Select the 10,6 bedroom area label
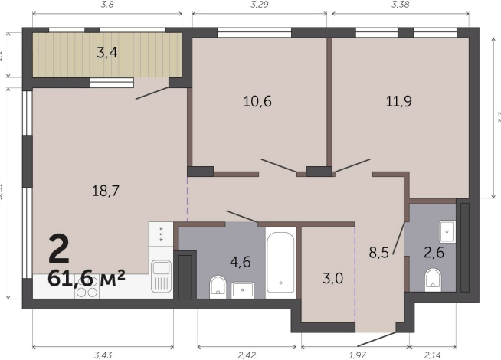[x=257, y=101]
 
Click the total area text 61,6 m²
[x=86, y=278]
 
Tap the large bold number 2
[x=59, y=247]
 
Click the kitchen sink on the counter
[x=160, y=275]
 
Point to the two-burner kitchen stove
[x=86, y=291]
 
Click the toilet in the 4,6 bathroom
[x=218, y=286]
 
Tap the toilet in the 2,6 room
[x=433, y=279]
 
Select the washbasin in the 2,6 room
[x=447, y=231]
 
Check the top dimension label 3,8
[x=107, y=5]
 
